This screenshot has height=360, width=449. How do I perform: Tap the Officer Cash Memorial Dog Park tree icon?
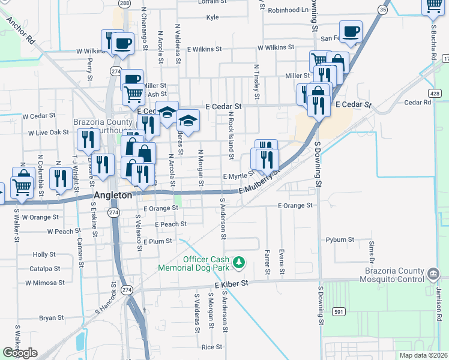[x=240, y=262]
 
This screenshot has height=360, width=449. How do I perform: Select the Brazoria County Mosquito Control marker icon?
[x=432, y=275]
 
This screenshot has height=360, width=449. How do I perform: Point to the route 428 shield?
[x=436, y=93]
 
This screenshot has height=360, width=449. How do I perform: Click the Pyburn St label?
[x=340, y=239]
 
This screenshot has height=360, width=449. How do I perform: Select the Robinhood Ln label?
[x=288, y=10]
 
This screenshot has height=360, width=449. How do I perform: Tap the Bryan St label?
[x=51, y=317]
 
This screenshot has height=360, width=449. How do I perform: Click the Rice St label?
[x=212, y=347]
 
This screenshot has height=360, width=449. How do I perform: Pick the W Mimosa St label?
[x=44, y=282]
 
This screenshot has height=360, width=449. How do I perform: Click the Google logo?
[x=20, y=353]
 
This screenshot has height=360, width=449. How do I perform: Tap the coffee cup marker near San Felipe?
[x=351, y=31]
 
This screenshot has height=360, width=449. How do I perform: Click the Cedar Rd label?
[x=418, y=102]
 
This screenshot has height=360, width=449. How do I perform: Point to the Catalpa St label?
[x=44, y=268]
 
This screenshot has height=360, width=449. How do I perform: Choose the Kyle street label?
[x=212, y=17]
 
